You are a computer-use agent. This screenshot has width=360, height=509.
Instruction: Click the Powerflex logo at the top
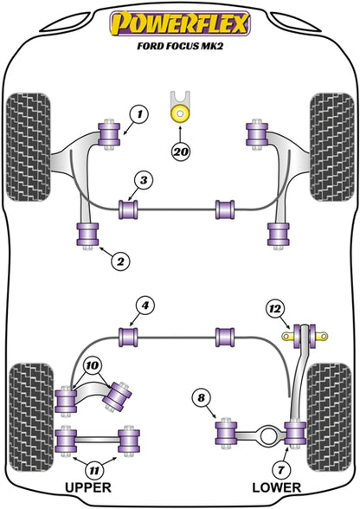[180, 23]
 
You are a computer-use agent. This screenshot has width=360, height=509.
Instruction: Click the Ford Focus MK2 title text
[180, 46]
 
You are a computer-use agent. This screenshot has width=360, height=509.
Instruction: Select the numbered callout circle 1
[139, 114]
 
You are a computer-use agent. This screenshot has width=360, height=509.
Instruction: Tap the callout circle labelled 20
[181, 151]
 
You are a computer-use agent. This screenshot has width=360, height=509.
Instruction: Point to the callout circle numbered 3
[144, 180]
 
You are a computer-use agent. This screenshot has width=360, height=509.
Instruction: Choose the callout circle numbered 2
[120, 261]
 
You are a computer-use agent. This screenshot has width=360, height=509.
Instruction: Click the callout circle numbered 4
[145, 306]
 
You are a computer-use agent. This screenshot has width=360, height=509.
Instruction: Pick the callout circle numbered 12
[275, 309]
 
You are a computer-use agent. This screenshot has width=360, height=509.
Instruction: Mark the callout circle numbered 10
[93, 366]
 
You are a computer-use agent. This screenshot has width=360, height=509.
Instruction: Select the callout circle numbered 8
[202, 398]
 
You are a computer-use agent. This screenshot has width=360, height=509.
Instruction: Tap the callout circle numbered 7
[280, 469]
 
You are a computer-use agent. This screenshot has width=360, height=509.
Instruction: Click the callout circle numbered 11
[94, 470]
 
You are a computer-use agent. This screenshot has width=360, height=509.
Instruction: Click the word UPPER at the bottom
[88, 487]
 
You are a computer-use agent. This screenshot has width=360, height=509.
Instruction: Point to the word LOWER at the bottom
[277, 487]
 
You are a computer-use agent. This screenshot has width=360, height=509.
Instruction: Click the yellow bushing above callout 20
[179, 113]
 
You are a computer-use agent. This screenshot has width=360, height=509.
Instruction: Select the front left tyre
[29, 147]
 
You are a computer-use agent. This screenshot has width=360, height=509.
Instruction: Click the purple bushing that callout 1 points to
[109, 134]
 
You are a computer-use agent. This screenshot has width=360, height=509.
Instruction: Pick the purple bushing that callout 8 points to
[226, 433]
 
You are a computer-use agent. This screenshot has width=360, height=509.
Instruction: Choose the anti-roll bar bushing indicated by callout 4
[128, 337]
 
